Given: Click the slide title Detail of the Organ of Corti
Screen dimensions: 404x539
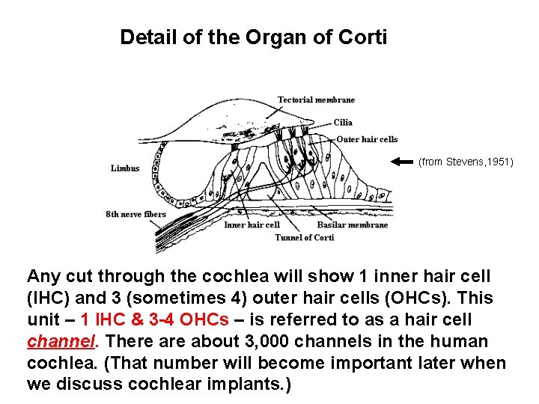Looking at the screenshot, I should coord(253,37).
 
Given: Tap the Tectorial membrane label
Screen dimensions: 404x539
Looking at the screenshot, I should coord(316,100).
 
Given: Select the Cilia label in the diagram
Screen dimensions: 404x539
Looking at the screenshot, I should coord(343,123).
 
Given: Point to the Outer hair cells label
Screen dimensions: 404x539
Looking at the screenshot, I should coord(367,139).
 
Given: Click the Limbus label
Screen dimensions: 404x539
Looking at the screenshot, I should coord(125,168).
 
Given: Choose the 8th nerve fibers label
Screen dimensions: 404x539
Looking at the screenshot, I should coord(135,215).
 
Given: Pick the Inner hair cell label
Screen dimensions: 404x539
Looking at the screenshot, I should coord(252,224).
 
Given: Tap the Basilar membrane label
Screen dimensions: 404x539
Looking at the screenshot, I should coord(352,224).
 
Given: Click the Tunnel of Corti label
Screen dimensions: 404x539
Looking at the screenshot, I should coord(304,237).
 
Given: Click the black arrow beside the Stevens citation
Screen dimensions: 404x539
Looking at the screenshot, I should coord(402,161).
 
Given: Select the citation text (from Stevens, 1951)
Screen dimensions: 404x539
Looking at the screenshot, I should coord(466,161).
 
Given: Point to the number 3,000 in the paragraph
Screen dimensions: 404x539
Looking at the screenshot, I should coord(204,342).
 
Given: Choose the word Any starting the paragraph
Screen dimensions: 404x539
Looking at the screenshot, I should coord(43,277).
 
